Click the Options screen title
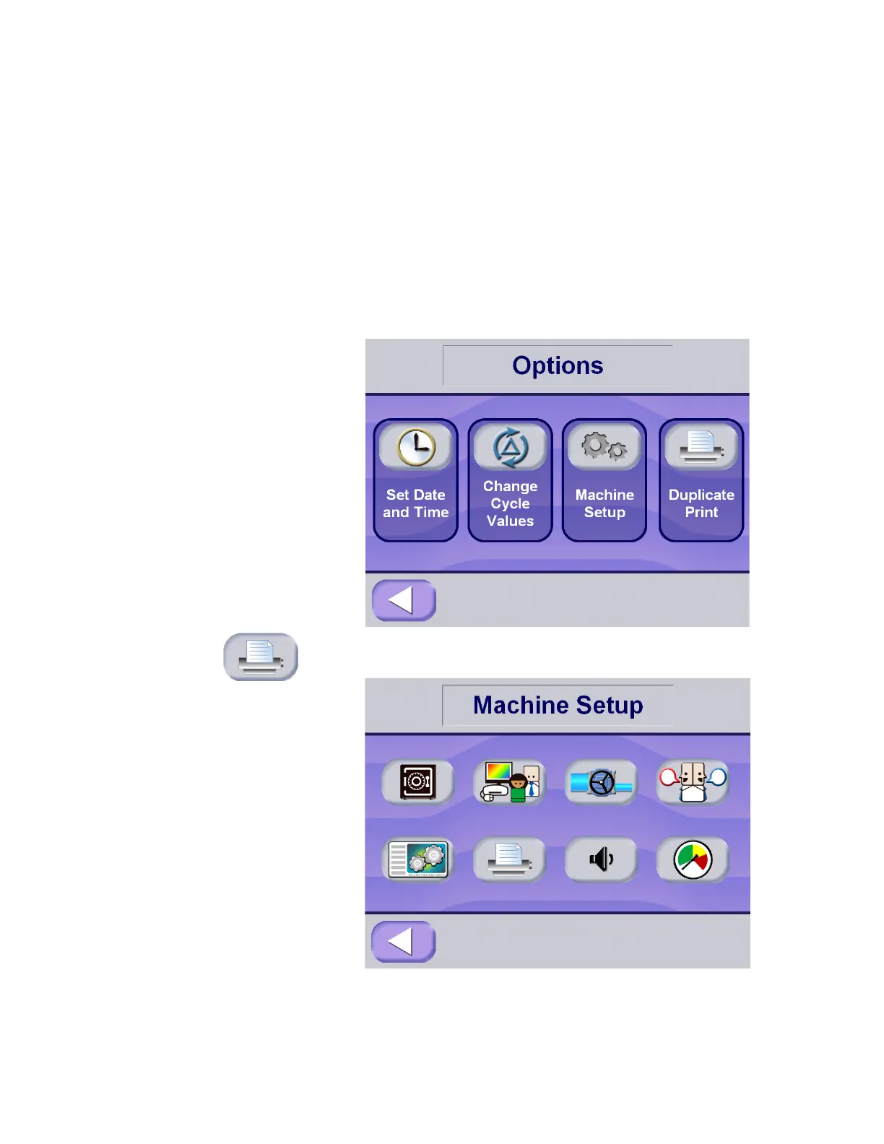tap(558, 365)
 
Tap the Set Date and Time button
tap(415, 480)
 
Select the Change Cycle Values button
tap(510, 480)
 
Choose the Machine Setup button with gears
tap(604, 480)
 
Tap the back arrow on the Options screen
tap(404, 600)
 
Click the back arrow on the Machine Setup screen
tap(403, 941)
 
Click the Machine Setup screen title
tap(558, 705)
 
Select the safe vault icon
tap(417, 781)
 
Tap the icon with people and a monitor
tap(509, 782)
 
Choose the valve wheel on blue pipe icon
tap(601, 782)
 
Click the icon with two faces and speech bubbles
tap(693, 782)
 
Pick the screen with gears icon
tap(417, 859)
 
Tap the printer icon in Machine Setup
tap(509, 859)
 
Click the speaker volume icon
tap(601, 859)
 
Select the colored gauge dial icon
tap(693, 859)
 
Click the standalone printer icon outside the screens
tap(261, 656)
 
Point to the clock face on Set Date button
tap(416, 447)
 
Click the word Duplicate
tap(701, 495)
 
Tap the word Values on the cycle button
tap(510, 521)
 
